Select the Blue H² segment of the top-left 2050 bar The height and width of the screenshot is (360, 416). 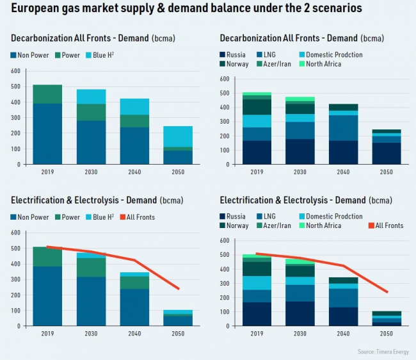[x=177, y=136]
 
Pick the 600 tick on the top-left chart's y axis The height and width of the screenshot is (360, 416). [x=15, y=70]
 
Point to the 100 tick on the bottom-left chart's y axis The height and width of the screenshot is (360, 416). [x=15, y=310]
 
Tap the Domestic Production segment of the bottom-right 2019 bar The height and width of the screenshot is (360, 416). [x=256, y=282]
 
